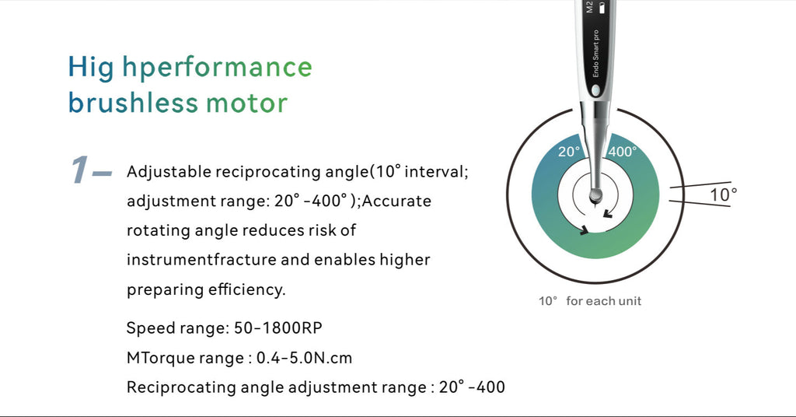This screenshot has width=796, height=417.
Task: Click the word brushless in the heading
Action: [x=132, y=103]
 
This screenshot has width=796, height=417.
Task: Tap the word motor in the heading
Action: [x=246, y=103]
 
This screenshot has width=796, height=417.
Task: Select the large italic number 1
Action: [x=80, y=170]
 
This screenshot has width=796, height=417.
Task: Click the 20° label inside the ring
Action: [x=568, y=152]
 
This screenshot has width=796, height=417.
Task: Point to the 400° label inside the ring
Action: [x=623, y=152]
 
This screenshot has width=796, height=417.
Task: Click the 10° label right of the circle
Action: [x=723, y=194]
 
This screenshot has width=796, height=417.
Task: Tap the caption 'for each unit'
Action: [x=603, y=301]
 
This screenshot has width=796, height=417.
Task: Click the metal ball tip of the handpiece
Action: [x=595, y=195]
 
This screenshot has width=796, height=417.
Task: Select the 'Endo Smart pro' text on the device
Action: [x=595, y=54]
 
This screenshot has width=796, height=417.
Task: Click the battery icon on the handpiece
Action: [x=602, y=8]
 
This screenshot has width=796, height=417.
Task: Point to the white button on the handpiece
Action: [x=595, y=90]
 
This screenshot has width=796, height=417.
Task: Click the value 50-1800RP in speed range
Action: [x=278, y=328]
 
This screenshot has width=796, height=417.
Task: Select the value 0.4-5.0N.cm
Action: [x=304, y=358]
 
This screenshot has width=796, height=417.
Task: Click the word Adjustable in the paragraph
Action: [x=169, y=172]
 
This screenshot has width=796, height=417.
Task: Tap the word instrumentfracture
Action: [x=201, y=260]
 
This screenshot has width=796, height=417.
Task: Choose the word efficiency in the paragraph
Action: [x=246, y=290]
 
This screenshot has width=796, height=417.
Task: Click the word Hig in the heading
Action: [x=91, y=68]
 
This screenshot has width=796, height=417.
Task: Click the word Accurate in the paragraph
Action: [x=396, y=201]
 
